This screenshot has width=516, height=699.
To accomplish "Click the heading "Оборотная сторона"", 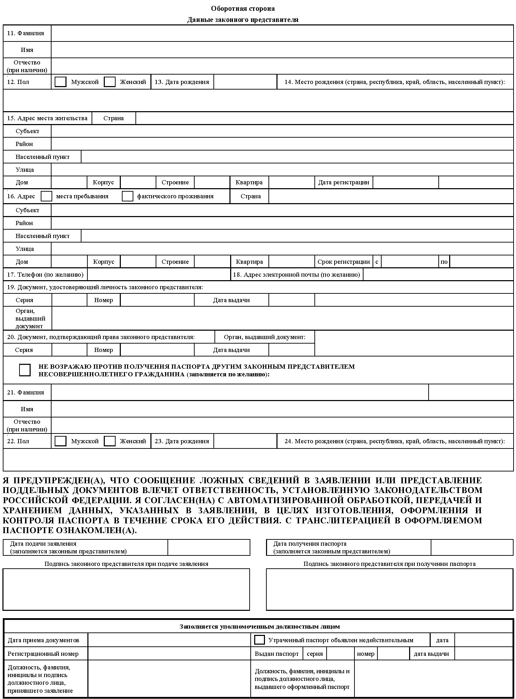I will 243,9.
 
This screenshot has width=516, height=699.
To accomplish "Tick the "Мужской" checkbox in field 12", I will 61,82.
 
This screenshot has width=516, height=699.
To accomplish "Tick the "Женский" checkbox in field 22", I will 110,441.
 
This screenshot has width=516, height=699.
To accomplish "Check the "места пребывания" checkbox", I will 46,196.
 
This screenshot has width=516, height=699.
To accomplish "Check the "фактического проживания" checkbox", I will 127,196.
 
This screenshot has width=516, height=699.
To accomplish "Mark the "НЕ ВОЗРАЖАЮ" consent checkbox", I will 25,370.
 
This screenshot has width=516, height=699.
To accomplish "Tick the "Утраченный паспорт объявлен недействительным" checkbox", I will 259,640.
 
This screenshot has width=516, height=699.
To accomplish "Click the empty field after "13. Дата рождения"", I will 245,82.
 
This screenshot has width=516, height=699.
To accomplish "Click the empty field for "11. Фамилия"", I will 282,33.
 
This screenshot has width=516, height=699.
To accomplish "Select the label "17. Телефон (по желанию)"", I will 45,275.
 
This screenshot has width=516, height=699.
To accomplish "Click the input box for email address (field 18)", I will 438,275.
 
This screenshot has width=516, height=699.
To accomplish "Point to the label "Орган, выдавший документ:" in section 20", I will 265,337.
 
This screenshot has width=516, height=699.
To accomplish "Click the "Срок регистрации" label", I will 343,262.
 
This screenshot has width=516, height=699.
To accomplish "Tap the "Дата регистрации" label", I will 344,182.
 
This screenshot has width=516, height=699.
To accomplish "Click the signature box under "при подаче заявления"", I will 126,589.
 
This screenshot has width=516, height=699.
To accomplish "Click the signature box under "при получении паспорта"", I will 389,589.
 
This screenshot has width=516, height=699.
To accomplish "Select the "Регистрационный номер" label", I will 43,654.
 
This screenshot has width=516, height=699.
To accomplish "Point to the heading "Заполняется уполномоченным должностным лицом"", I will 259,627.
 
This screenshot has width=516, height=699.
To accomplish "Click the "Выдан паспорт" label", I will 277,654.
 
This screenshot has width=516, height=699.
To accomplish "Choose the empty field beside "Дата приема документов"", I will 169,640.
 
